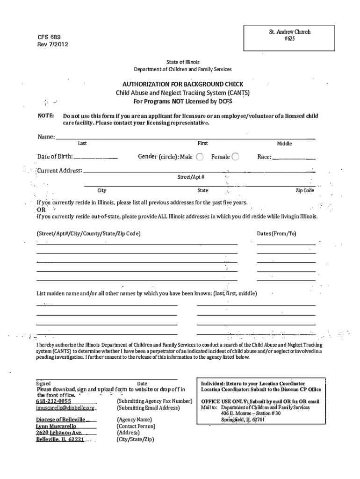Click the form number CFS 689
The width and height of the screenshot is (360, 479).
click(x=49, y=37)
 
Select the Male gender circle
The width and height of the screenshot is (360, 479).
click(x=200, y=157)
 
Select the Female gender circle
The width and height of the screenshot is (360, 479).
click(x=236, y=157)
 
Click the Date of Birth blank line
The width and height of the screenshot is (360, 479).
click(x=95, y=158)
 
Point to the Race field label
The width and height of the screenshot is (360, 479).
click(x=264, y=157)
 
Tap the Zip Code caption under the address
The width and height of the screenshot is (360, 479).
click(x=305, y=191)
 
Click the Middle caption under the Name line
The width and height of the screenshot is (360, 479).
click(x=284, y=144)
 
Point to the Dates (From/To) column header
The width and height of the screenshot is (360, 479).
click(x=277, y=233)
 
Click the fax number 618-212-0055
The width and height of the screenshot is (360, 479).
click(x=54, y=401)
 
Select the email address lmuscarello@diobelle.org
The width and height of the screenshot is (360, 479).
click(x=65, y=408)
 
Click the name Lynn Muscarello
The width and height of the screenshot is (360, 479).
click(x=56, y=427)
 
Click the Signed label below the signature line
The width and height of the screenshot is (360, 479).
click(x=43, y=384)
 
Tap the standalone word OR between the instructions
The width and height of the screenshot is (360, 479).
click(x=41, y=210)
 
